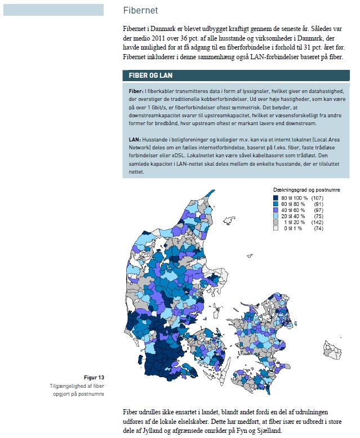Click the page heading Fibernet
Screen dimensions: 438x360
point(140,11)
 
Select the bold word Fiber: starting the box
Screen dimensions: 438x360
point(135,91)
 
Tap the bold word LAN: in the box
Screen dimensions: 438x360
point(135,139)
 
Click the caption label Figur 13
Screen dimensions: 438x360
point(93,377)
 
